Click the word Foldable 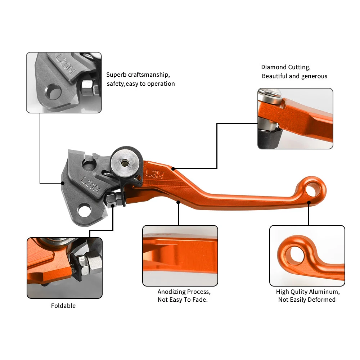pyautogui.click(x=63, y=306)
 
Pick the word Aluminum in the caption pyautogui.click(x=326, y=292)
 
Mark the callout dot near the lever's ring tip pyautogui.click(x=309, y=203)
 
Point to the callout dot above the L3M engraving pyautogui.click(x=173, y=168)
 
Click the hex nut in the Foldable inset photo pyautogui.click(x=84, y=262)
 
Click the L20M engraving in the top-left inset pyautogui.click(x=66, y=65)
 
